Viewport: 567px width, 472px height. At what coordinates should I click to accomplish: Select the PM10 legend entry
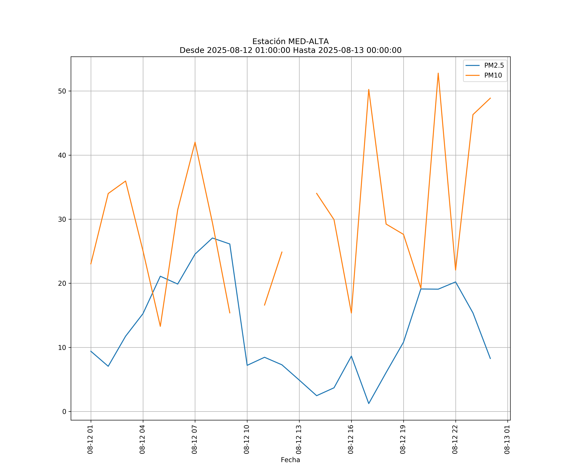493,76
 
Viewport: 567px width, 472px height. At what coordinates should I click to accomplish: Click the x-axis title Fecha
290,460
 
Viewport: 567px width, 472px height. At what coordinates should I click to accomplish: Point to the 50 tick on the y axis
62,91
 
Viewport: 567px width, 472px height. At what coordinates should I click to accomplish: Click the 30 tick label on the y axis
62,219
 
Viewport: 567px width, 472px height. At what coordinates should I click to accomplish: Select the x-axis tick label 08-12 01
90,439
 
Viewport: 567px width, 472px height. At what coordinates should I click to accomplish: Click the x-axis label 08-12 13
299,439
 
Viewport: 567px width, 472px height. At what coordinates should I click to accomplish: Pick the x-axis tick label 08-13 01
507,439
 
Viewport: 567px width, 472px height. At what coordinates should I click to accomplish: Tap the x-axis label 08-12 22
455,439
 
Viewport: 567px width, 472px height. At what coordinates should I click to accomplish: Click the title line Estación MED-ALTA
290,42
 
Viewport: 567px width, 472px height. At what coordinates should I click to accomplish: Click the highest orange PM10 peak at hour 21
438,73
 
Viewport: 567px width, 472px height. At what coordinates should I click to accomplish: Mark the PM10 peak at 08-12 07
195,142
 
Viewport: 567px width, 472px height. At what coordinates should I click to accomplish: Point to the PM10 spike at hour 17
369,90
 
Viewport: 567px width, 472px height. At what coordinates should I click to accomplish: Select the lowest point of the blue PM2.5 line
369,404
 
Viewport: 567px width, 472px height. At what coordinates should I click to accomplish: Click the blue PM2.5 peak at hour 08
212,238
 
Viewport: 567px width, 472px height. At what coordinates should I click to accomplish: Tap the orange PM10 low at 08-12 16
351,313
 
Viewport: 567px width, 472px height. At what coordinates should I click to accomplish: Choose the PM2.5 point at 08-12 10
247,365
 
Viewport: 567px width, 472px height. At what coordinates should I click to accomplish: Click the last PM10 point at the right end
490,98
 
